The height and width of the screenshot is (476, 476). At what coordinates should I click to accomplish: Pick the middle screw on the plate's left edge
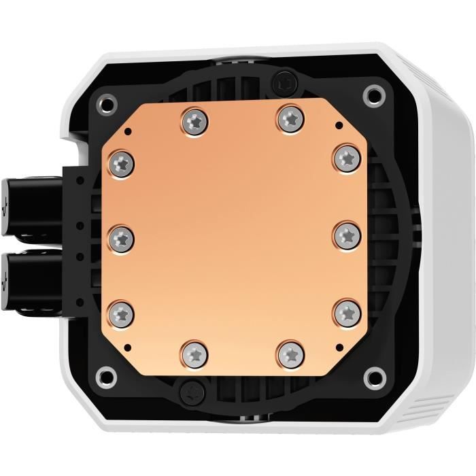click(121, 238)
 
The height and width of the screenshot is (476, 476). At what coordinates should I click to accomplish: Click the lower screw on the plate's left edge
click(121, 313)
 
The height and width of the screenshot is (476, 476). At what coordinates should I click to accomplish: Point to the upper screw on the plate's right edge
click(345, 158)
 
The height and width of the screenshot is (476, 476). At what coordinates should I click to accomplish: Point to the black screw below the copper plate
click(188, 392)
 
